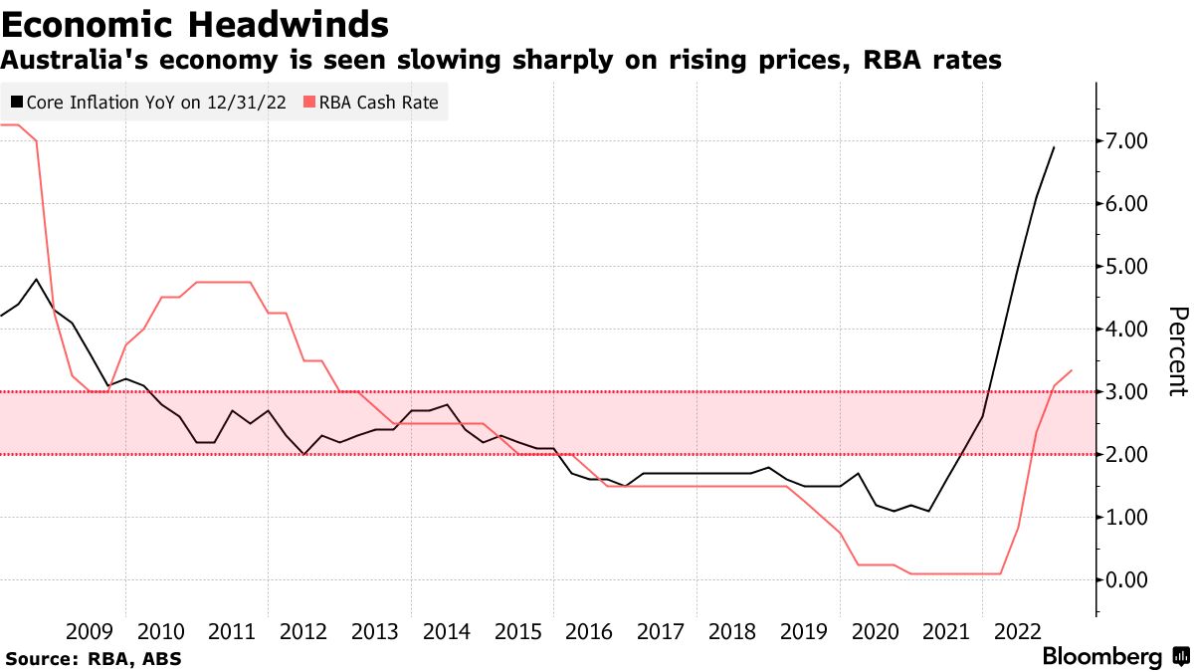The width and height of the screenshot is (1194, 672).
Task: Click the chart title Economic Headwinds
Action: click(x=195, y=22)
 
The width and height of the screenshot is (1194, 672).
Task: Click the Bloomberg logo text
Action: click(x=1101, y=657)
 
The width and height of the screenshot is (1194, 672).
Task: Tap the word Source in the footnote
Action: click(x=37, y=659)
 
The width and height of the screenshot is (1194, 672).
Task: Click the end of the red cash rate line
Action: click(x=1072, y=370)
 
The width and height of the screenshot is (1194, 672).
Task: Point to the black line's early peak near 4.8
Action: click(x=37, y=280)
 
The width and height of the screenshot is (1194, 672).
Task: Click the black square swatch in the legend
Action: click(x=17, y=102)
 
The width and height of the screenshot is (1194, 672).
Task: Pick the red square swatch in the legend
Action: click(x=308, y=102)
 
